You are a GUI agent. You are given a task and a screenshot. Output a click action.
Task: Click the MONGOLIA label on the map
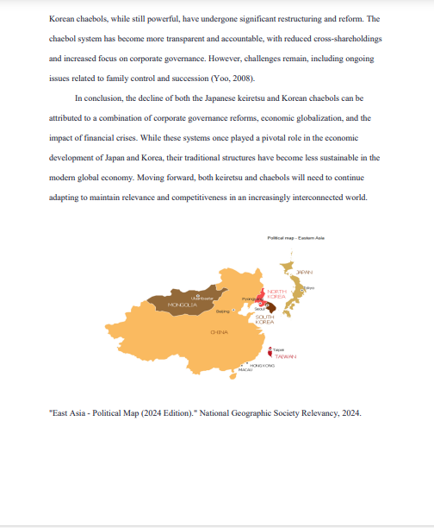183,305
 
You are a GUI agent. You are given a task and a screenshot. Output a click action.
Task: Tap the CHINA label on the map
219,331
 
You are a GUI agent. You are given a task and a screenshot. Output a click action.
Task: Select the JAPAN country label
304,272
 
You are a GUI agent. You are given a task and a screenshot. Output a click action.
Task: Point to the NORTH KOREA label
276,294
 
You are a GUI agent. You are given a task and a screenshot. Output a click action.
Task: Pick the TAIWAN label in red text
285,355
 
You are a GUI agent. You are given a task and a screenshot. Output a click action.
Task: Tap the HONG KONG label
262,365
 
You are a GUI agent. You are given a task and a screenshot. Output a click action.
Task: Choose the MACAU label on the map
245,369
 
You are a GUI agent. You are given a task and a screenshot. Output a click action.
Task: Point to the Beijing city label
223,310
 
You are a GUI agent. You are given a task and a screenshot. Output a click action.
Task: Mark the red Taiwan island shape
270,352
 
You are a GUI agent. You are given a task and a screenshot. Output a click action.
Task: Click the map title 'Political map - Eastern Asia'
295,237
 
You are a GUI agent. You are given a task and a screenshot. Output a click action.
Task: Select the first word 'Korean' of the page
61,18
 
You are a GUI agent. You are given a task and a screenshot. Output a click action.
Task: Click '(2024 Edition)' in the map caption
168,412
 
